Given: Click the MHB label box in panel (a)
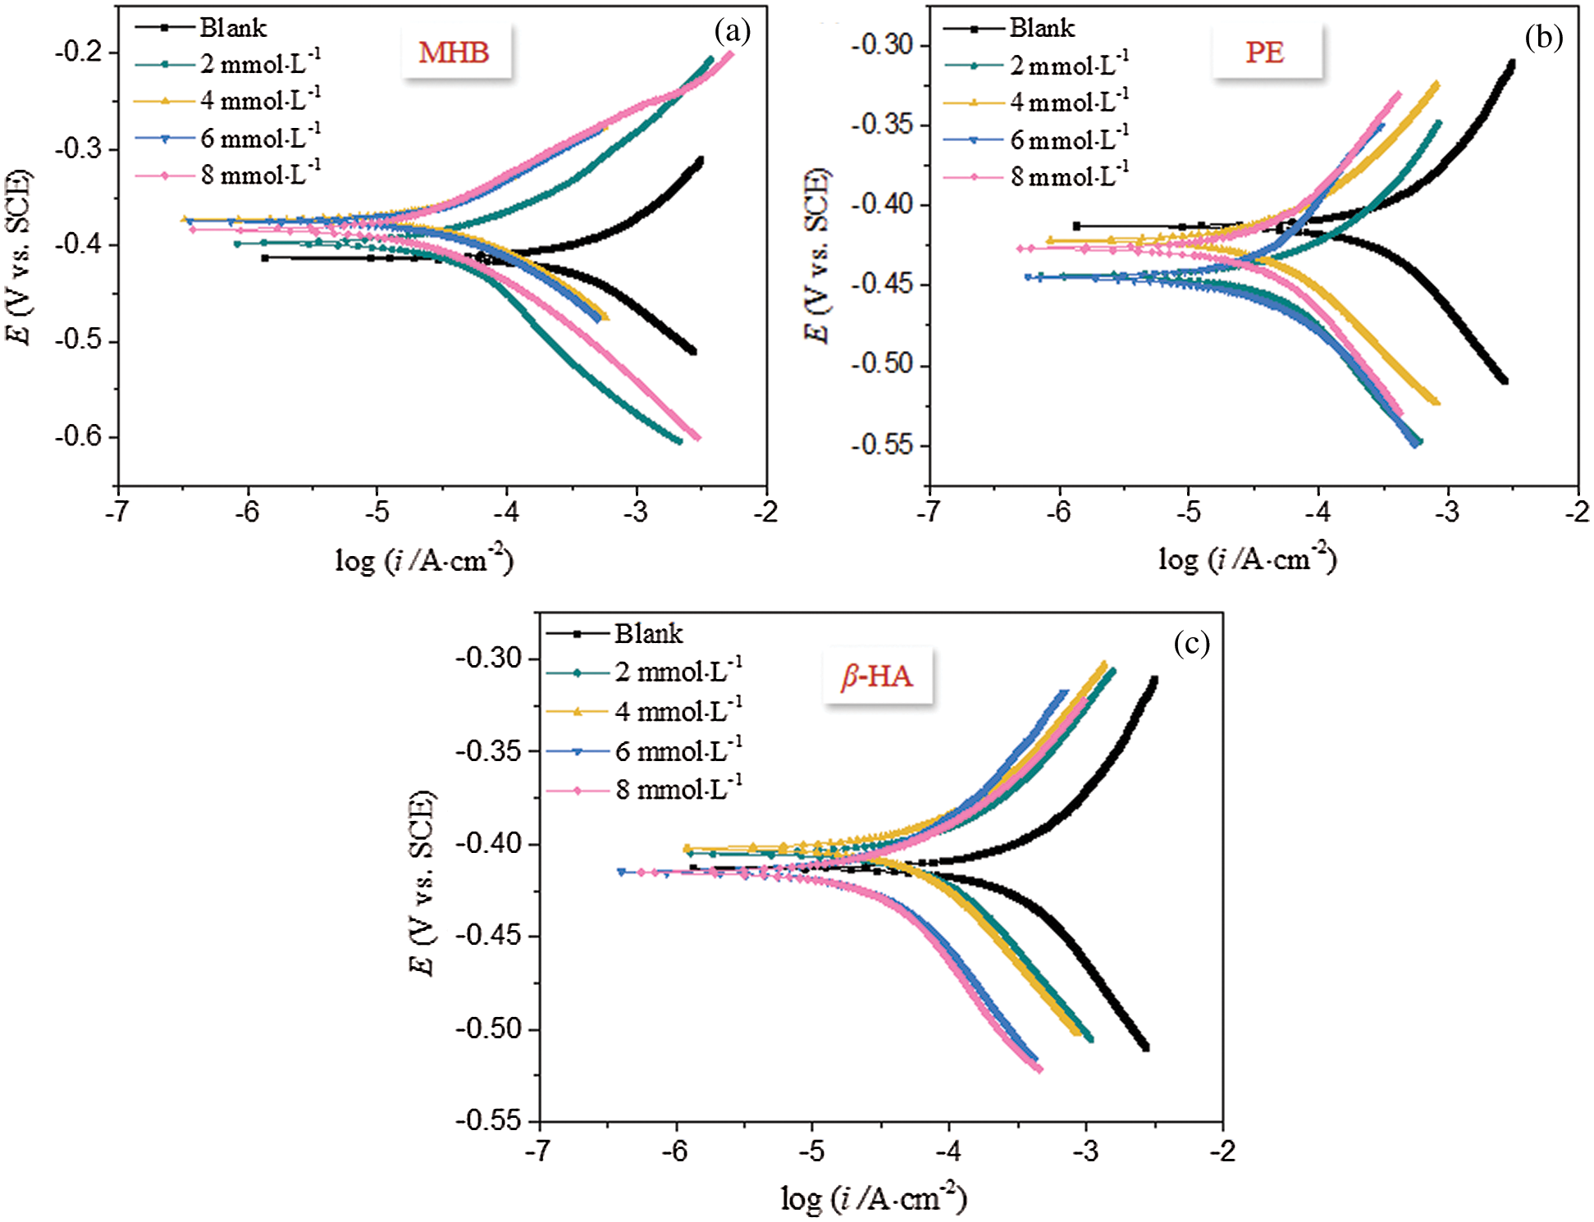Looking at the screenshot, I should [x=454, y=52].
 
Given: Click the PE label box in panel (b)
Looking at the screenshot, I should [x=1265, y=52].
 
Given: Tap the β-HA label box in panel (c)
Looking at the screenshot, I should [x=877, y=676].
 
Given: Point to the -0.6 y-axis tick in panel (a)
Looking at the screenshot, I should [x=79, y=436].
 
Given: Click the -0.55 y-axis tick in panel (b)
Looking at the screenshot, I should [x=883, y=445].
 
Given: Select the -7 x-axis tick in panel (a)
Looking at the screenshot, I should [x=118, y=512].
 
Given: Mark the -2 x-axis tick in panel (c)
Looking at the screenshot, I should [x=1222, y=1151].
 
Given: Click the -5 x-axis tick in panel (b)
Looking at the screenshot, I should [x=1189, y=512].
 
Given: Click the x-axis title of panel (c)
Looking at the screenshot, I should [x=874, y=1199].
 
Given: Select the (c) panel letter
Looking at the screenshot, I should [x=1191, y=643].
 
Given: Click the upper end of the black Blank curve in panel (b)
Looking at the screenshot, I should [x=1511, y=62].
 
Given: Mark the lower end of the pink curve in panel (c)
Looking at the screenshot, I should [x=1039, y=1069].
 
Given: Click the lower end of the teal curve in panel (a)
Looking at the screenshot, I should [x=678, y=441].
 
